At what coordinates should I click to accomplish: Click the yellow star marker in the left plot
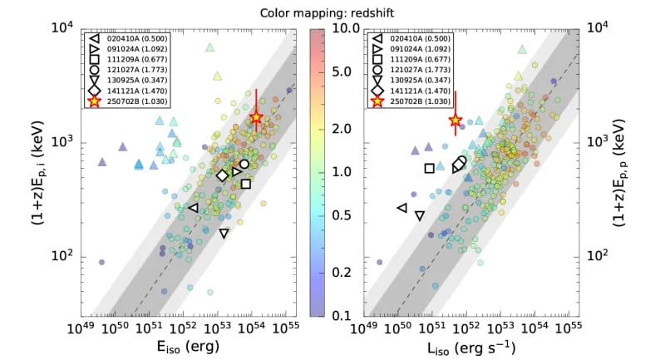pyautogui.click(x=256, y=117)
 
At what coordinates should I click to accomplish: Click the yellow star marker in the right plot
pyautogui.click(x=456, y=121)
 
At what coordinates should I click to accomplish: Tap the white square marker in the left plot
pyautogui.click(x=246, y=184)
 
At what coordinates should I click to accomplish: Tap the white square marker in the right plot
pyautogui.click(x=429, y=168)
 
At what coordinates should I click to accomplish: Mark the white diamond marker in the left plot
pyautogui.click(x=222, y=175)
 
